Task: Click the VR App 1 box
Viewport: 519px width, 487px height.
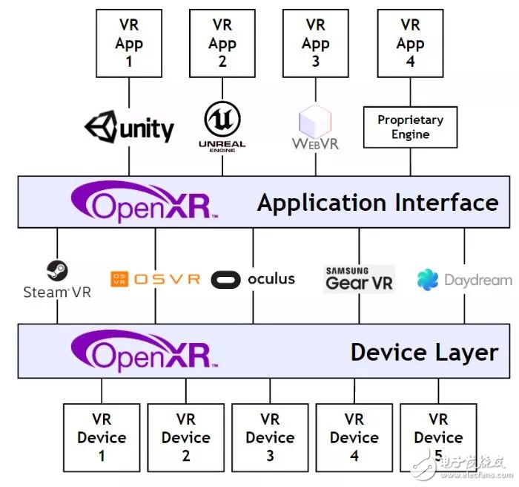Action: click(129, 42)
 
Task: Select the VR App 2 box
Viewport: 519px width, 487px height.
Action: click(222, 42)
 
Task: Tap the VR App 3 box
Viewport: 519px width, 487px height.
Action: click(316, 42)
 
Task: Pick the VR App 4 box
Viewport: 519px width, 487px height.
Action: click(410, 42)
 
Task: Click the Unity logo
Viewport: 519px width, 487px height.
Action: click(130, 128)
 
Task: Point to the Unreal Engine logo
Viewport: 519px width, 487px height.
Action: click(222, 126)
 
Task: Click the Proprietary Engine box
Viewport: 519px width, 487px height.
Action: click(410, 127)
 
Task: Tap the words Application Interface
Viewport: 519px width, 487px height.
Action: click(377, 203)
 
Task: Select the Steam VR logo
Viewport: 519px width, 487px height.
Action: click(57, 280)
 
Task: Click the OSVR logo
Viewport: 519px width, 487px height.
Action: click(155, 279)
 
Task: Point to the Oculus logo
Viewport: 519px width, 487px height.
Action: click(253, 279)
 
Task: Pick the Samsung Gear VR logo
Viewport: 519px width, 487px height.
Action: click(360, 278)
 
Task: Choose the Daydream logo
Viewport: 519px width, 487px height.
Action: click(464, 280)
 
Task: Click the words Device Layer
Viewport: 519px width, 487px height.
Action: click(424, 351)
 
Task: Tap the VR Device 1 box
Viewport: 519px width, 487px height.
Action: click(102, 438)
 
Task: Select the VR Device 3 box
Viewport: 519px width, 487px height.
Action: click(271, 438)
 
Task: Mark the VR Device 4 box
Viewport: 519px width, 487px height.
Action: click(354, 438)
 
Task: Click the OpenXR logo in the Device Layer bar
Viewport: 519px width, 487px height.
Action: click(145, 349)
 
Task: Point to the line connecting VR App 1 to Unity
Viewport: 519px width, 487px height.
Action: click(129, 92)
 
